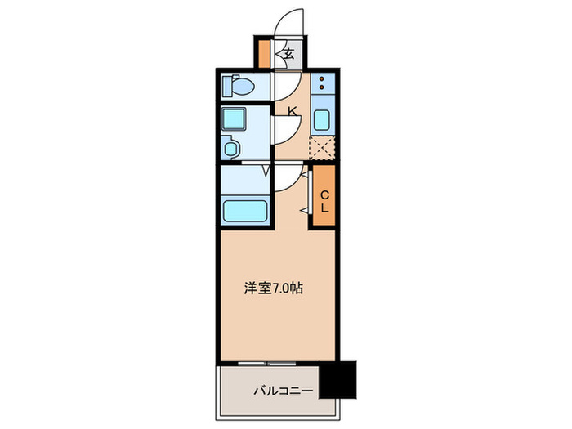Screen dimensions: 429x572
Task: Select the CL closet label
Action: tap(324, 201)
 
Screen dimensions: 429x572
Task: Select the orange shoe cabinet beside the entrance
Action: tap(265, 53)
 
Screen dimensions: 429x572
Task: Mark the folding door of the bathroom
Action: tap(265, 172)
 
